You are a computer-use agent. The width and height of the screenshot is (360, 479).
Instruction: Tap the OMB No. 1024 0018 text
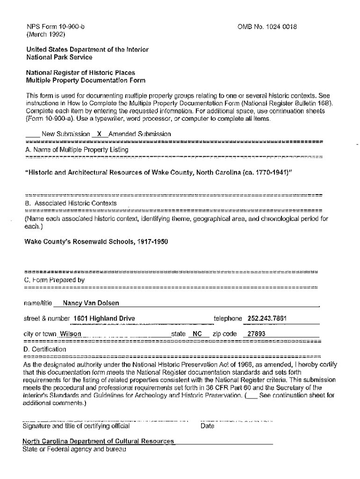tap(267, 27)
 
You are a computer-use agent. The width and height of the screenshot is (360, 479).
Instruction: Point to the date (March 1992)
tap(45, 34)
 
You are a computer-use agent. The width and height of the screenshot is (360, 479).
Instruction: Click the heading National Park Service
tap(59, 57)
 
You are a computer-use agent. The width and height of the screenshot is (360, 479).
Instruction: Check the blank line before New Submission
tap(32, 135)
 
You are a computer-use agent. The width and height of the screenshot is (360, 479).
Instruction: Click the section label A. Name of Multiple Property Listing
tap(77, 149)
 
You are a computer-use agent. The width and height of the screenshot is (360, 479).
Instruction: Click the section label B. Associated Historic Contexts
tap(71, 203)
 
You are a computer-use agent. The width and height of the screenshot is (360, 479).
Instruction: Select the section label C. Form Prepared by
tap(54, 280)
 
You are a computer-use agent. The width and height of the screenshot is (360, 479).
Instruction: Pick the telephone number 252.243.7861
tap(266, 319)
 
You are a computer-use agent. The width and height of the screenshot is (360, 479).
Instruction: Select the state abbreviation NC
tap(197, 334)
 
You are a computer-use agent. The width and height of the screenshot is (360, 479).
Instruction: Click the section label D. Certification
tap(45, 349)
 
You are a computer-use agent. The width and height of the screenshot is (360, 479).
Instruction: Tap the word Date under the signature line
tap(207, 426)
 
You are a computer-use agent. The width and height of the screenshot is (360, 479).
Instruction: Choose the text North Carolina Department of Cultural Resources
tap(98, 441)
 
